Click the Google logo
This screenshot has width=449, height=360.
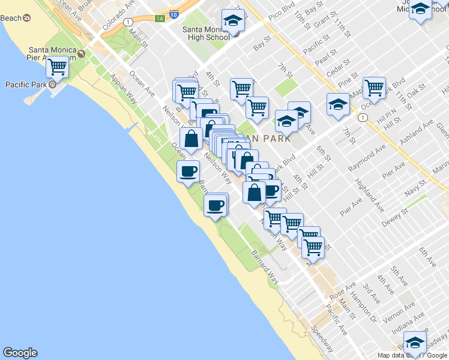[x=20, y=353]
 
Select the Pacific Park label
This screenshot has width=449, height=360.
[x=26, y=85]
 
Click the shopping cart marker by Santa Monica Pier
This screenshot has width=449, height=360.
[x=57, y=67]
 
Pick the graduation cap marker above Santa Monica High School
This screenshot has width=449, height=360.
[x=233, y=22]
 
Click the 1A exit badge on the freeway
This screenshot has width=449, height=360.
[x=159, y=19]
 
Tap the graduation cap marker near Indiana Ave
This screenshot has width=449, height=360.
[x=414, y=343]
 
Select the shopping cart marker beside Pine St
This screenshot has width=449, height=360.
[x=374, y=87]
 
